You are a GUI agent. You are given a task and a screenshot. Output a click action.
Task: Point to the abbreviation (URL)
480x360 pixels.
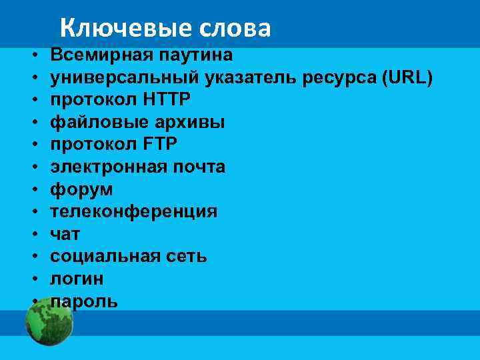[x=407, y=77]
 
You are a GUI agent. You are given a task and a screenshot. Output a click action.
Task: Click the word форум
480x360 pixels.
[x=82, y=189]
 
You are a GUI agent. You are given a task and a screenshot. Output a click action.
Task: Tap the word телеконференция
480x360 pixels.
[x=134, y=212]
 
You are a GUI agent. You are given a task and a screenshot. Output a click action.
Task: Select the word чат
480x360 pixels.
[x=65, y=234]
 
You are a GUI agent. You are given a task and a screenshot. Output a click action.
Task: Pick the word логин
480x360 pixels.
[x=77, y=279]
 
